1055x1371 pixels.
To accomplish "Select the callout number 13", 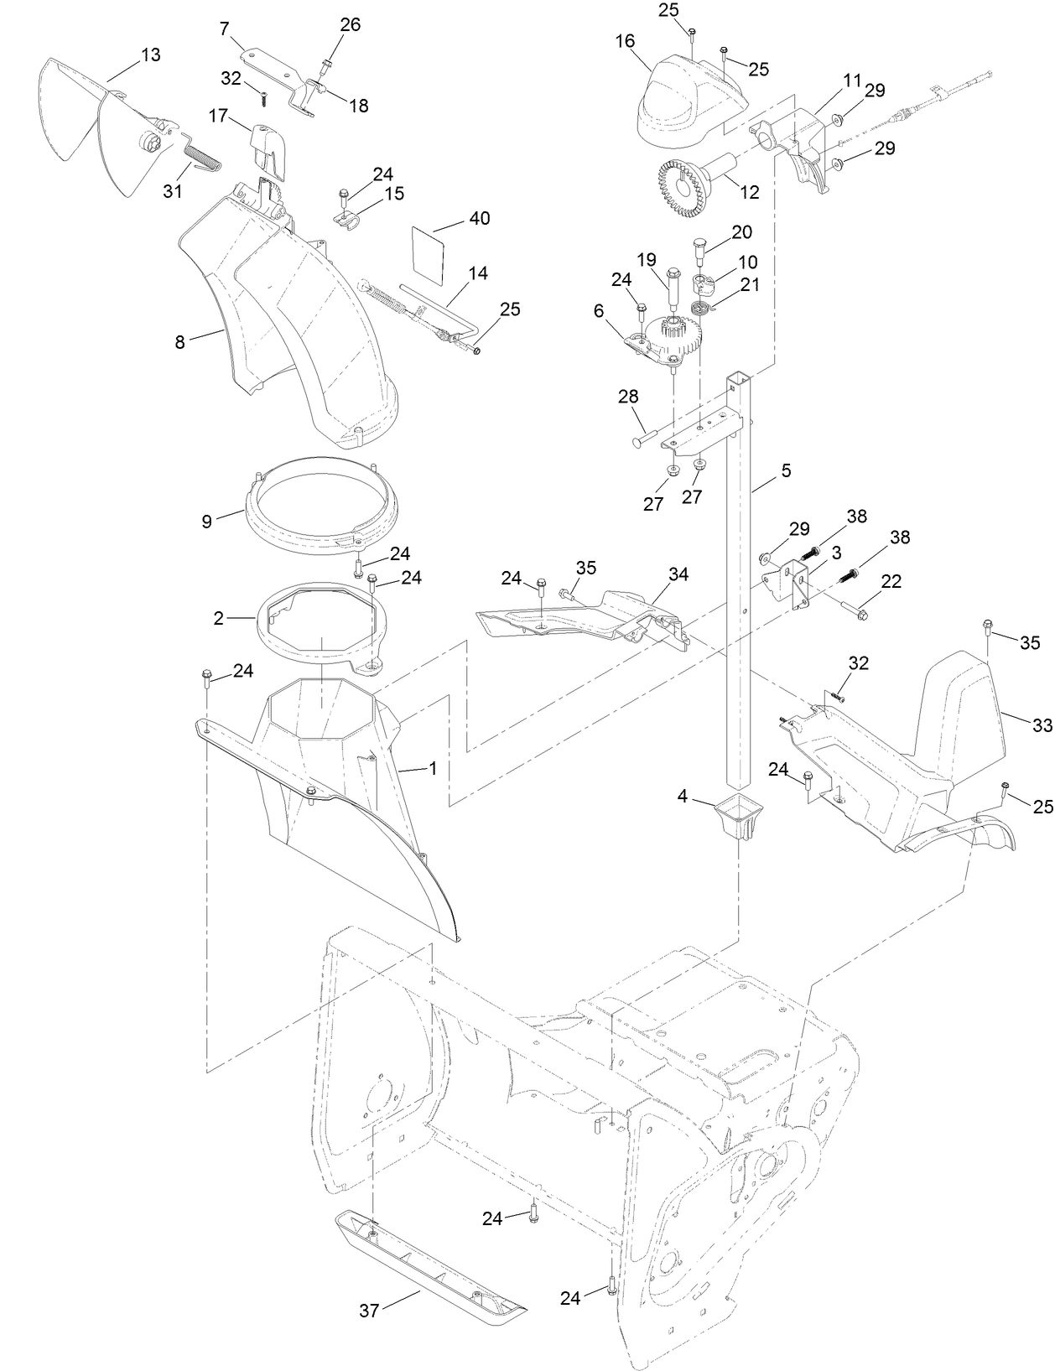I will pyautogui.click(x=151, y=55).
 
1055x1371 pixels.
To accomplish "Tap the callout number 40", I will pyautogui.click(x=480, y=218).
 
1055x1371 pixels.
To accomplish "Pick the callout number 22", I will pyautogui.click(x=891, y=580).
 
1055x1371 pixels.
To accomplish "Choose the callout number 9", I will pyautogui.click(x=206, y=521).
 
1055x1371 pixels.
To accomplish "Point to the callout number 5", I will pyautogui.click(x=786, y=470).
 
